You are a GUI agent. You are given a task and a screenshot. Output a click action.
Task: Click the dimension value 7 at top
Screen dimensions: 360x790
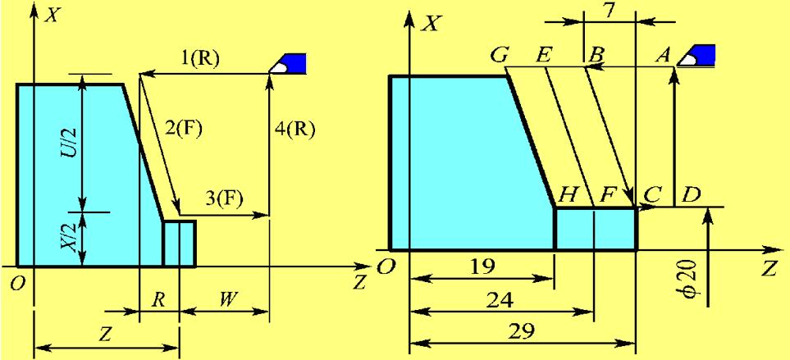608,11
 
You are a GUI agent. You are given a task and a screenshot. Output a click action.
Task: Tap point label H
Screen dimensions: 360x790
566,194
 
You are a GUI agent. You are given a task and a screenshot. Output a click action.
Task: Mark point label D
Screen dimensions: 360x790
691,196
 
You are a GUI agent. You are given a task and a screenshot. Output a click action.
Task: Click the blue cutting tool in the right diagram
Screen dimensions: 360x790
700,55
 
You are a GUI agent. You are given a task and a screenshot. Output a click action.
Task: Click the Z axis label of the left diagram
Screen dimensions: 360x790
359,283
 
